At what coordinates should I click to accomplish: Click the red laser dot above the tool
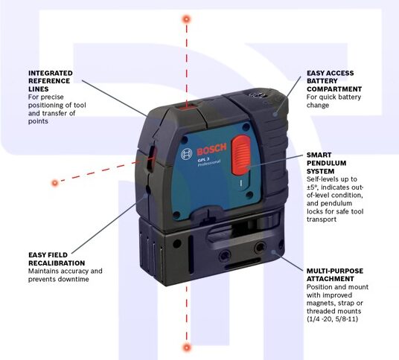[x=187, y=19]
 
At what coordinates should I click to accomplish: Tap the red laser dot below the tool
[x=187, y=347]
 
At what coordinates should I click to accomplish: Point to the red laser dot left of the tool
[x=54, y=183]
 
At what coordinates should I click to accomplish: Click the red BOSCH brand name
[x=211, y=150]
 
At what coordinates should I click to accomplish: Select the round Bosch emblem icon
[x=187, y=154]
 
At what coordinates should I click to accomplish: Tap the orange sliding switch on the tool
[x=240, y=155]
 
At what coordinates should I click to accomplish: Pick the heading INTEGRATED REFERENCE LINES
[x=51, y=81]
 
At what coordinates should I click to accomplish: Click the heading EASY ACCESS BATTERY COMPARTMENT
[x=334, y=81]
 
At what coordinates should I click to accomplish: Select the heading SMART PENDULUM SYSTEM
[x=326, y=163]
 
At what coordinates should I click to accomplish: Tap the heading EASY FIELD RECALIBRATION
[x=57, y=259]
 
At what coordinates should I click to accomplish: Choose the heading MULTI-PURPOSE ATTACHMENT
[x=335, y=274]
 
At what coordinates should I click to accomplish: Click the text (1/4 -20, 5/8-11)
[x=332, y=319]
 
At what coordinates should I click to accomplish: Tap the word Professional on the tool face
[x=209, y=164]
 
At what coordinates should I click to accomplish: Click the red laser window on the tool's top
[x=187, y=106]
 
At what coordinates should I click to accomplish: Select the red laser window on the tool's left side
[x=151, y=159]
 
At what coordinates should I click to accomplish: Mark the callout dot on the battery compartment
[x=275, y=114]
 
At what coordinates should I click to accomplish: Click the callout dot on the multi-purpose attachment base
[x=273, y=252]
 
